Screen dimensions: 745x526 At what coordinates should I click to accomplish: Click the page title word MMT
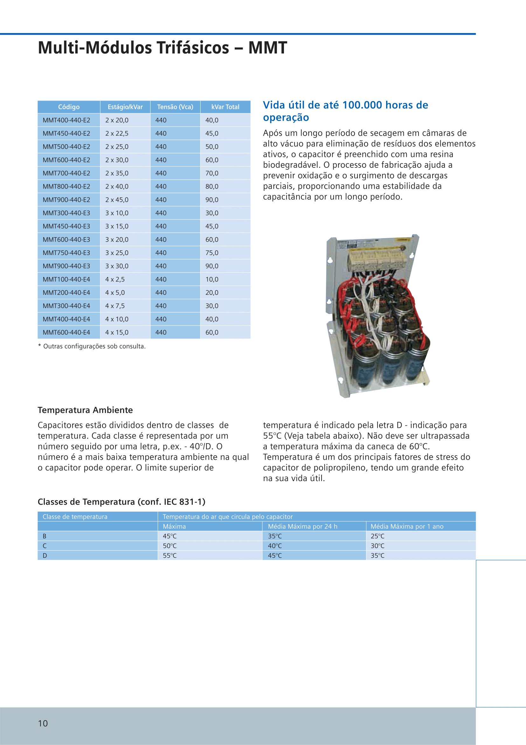[267, 48]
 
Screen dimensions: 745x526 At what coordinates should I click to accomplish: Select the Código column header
[69, 107]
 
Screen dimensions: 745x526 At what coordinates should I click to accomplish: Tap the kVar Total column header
[225, 107]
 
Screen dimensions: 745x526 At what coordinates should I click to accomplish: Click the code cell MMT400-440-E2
[66, 120]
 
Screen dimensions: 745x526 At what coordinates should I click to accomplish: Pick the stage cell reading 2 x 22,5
[117, 133]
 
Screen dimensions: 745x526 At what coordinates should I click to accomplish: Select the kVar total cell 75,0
[212, 253]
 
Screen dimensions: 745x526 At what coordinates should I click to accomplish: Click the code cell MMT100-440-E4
[66, 280]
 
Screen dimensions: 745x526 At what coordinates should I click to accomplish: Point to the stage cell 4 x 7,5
[115, 306]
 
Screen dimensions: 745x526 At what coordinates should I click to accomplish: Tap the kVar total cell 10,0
[212, 280]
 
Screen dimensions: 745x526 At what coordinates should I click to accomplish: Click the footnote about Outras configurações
[92, 346]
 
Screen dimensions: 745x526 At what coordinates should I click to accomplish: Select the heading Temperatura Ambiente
[85, 410]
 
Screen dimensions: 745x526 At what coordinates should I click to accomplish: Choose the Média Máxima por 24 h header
[302, 526]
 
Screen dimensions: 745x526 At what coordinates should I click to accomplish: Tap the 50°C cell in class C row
[170, 546]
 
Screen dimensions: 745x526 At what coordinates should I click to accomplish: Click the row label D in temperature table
[45, 556]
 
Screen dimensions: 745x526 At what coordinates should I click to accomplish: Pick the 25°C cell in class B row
[377, 536]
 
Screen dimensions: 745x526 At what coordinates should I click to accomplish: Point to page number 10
[43, 723]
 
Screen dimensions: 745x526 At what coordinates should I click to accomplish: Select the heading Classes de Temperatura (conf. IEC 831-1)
[121, 502]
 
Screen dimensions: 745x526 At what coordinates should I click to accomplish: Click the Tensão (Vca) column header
[175, 107]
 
